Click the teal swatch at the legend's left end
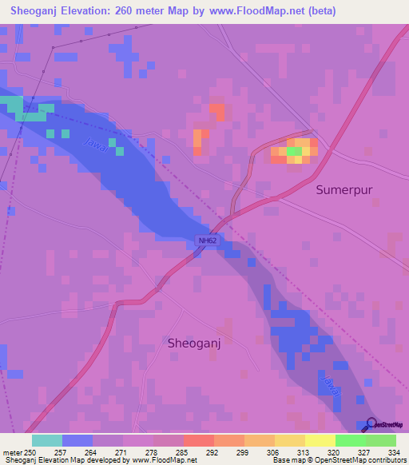tap(46, 440)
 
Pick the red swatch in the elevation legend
tap(198, 440)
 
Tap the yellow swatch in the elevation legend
tap(320, 440)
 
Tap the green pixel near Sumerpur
tap(294, 151)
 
